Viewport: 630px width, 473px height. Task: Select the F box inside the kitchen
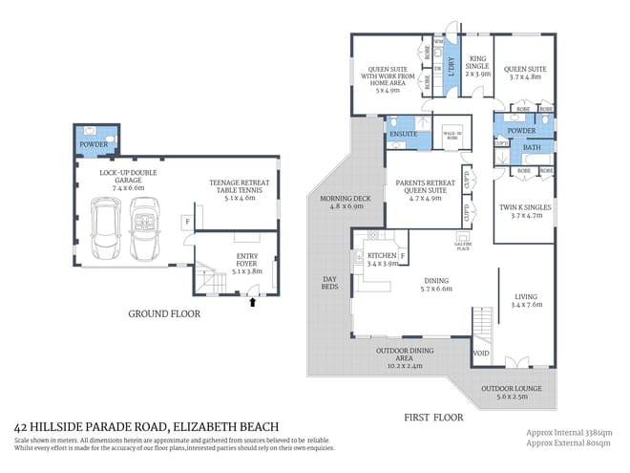click(x=403, y=257)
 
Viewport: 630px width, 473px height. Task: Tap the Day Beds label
click(x=328, y=284)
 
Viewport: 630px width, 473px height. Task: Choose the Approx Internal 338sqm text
click(x=571, y=432)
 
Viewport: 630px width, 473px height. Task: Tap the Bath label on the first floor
click(x=532, y=148)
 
